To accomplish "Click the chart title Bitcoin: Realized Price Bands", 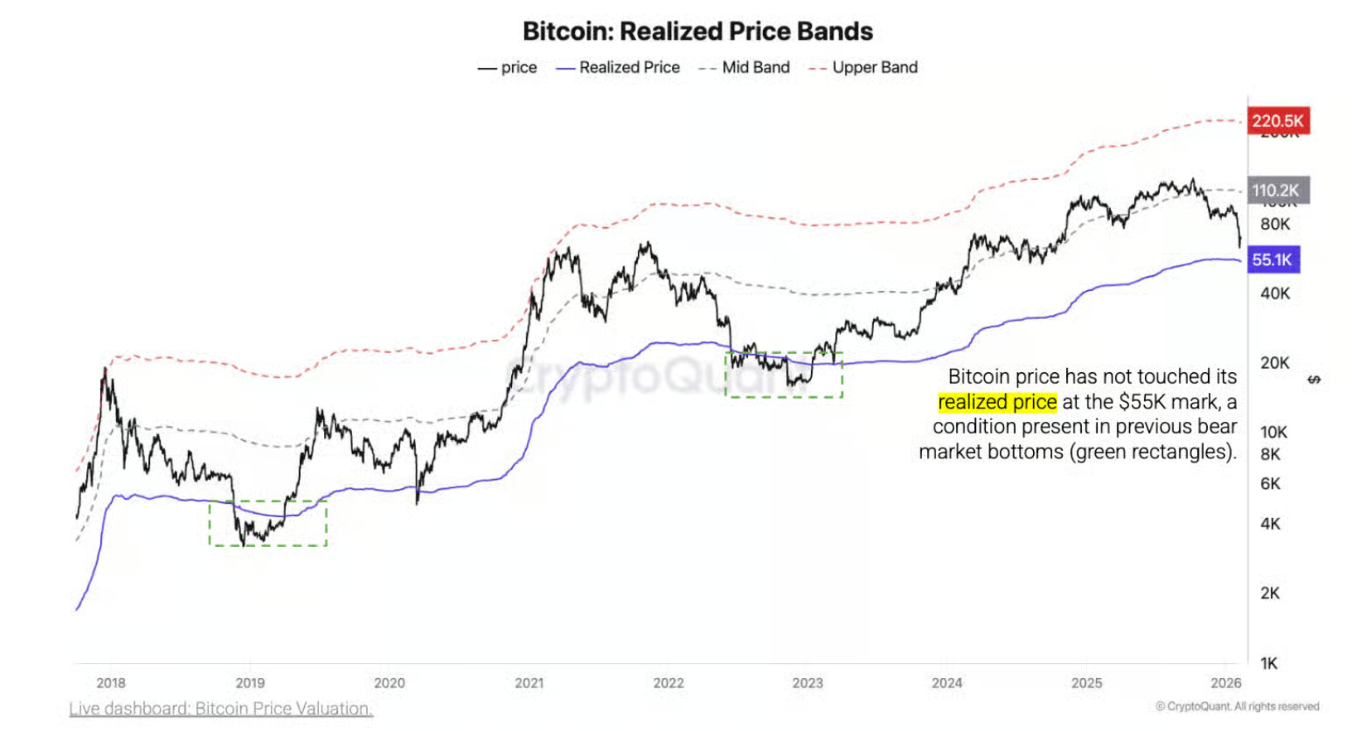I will click(x=698, y=31).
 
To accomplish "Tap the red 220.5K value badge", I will click(x=1277, y=121).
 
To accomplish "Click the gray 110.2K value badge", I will click(x=1277, y=191).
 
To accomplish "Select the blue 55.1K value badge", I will click(x=1273, y=260).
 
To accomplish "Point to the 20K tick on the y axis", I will click(x=1275, y=363).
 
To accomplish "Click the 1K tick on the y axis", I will click(x=1269, y=663).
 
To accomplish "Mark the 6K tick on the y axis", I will click(x=1270, y=484).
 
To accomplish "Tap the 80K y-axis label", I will click(x=1275, y=225).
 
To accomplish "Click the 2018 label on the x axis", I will click(x=111, y=683).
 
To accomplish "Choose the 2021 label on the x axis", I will click(x=529, y=683).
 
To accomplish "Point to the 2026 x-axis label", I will click(x=1226, y=683).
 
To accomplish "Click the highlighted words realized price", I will click(x=997, y=403).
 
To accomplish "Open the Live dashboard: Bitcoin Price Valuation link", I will click(x=221, y=709).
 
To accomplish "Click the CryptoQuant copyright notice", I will click(x=1238, y=707).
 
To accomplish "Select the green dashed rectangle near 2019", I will click(x=268, y=523).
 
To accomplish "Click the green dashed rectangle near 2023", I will click(x=784, y=375).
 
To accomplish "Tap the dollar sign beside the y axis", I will click(x=1314, y=380).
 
